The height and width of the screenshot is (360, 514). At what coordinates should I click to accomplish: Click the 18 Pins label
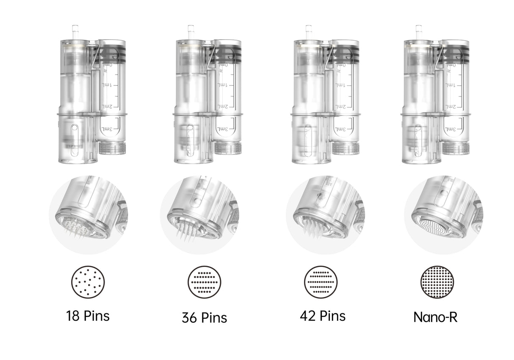(88, 316)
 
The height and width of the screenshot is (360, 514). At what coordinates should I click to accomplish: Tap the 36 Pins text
(204, 317)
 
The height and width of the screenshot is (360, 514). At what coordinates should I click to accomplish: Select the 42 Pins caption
(323, 316)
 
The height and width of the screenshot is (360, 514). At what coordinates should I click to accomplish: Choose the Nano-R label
(435, 317)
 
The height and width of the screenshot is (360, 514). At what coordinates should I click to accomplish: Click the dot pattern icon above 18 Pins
(88, 282)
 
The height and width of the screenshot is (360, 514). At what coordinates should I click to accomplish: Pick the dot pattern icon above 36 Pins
(204, 282)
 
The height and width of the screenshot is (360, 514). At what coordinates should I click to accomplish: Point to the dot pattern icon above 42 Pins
(321, 282)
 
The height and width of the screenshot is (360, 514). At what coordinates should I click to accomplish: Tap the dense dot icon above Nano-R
(437, 282)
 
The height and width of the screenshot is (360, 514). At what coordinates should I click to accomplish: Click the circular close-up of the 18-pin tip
(88, 215)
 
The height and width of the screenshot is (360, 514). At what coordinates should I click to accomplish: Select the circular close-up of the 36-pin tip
(199, 215)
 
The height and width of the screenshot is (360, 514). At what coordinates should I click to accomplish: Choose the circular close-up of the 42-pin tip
(325, 215)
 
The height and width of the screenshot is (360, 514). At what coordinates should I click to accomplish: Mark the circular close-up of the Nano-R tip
(443, 215)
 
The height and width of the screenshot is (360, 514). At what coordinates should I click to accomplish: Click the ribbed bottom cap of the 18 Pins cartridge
(111, 148)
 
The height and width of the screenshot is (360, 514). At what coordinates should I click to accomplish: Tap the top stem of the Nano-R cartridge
(419, 31)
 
